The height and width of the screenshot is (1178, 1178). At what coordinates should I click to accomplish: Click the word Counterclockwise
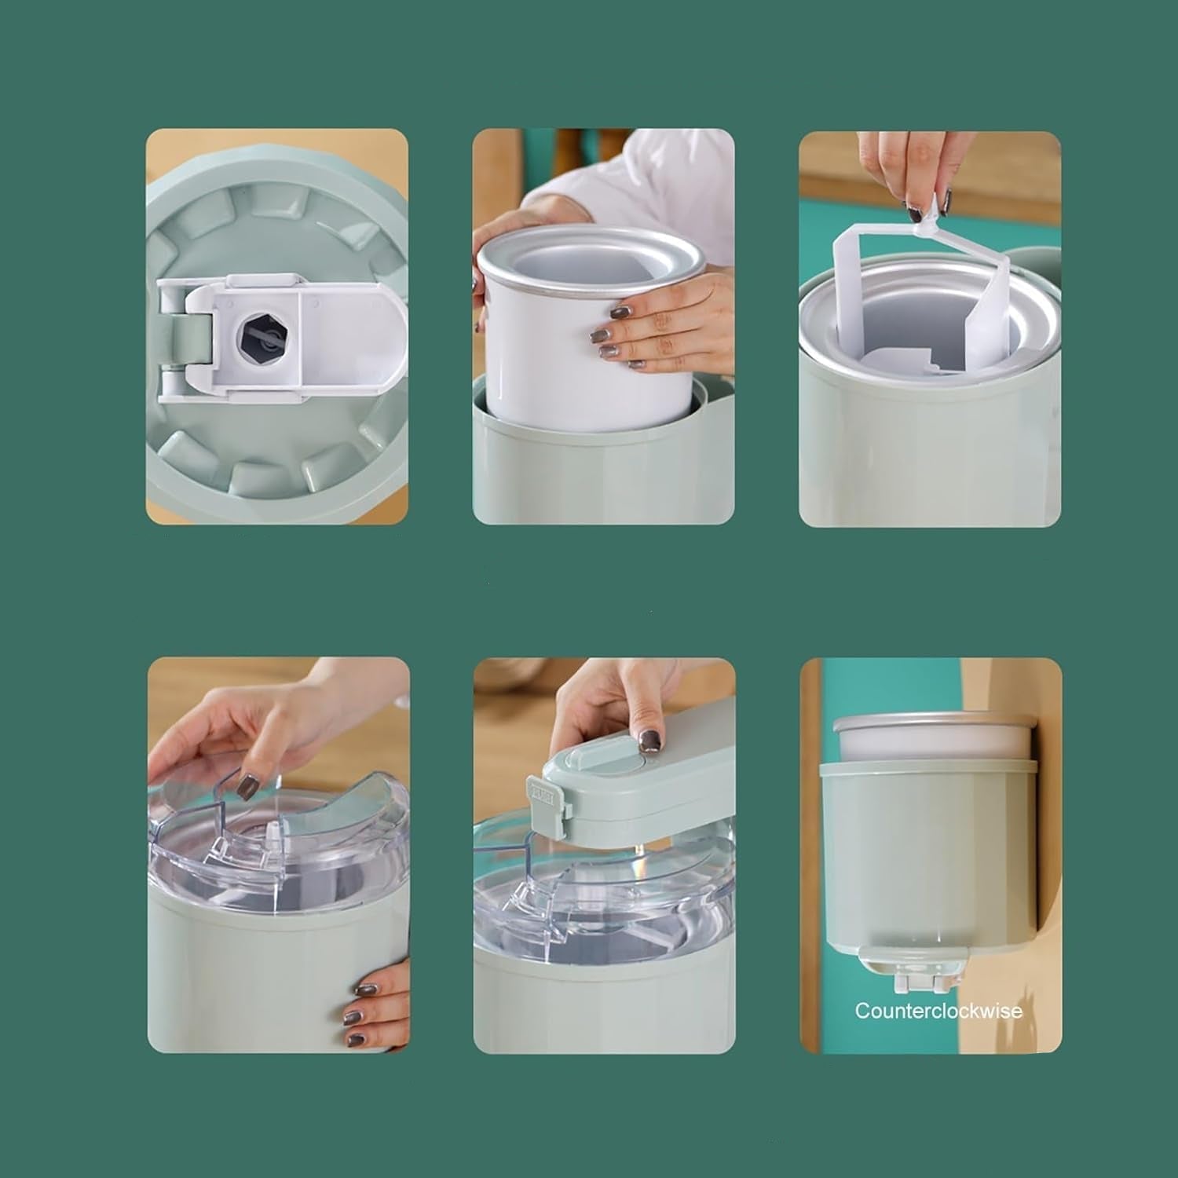point(938,1011)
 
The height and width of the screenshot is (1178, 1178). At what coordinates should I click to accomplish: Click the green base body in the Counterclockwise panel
point(927,848)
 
